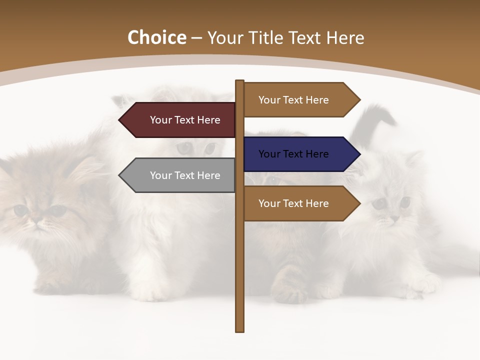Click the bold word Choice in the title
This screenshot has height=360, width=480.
(x=156, y=38)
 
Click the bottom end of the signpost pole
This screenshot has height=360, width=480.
(x=240, y=330)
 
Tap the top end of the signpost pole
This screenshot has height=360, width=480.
(x=240, y=81)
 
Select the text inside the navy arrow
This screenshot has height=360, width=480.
(x=293, y=154)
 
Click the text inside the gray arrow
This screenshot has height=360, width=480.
(x=185, y=175)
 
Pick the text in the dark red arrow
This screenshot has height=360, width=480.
(x=185, y=120)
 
